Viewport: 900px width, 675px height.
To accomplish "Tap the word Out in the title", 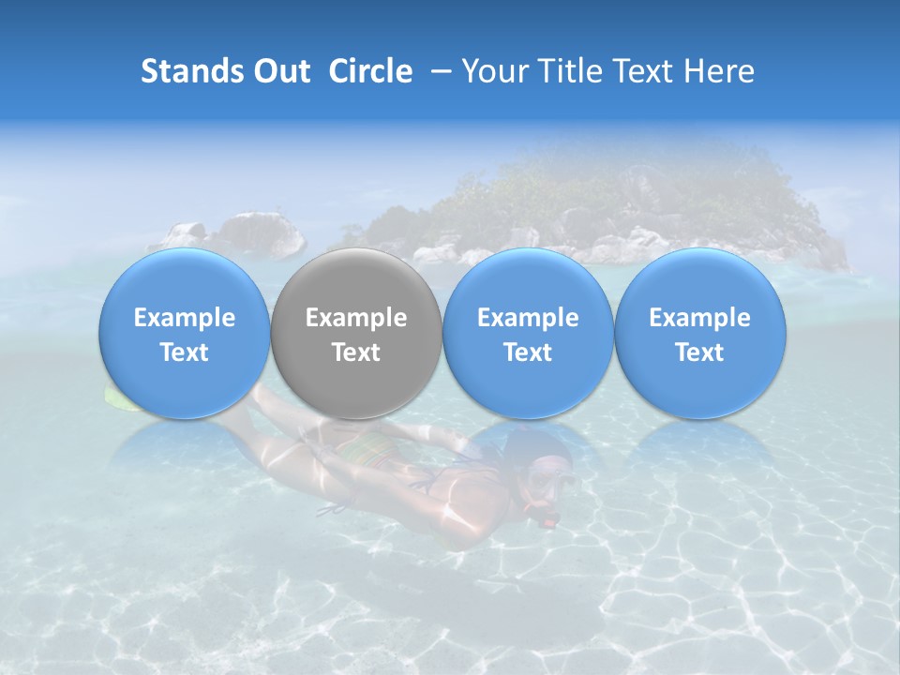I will coord(279,71).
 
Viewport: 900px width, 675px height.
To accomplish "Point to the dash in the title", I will coord(437,72).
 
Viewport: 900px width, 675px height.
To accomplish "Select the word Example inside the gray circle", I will coord(356,318).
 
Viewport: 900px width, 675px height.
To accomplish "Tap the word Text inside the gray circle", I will coord(356,352).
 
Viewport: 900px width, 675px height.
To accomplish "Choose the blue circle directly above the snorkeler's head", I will coord(528,334).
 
